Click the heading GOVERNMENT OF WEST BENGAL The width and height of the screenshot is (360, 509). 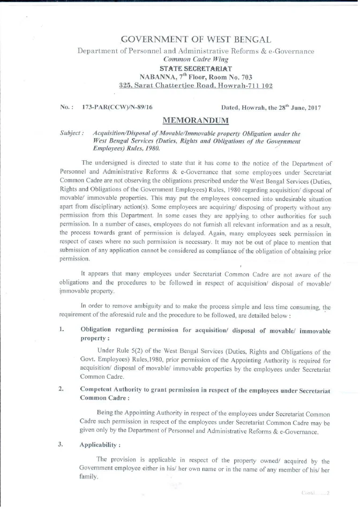pos(196,40)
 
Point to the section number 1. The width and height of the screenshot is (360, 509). pos(63,329)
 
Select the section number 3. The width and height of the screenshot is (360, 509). pos(63,444)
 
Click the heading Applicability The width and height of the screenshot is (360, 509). pos(99,445)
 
